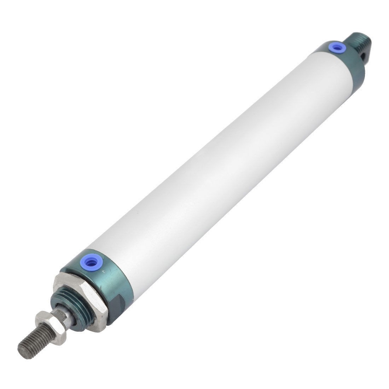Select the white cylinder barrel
(212, 159)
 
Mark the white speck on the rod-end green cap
(103, 272)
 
